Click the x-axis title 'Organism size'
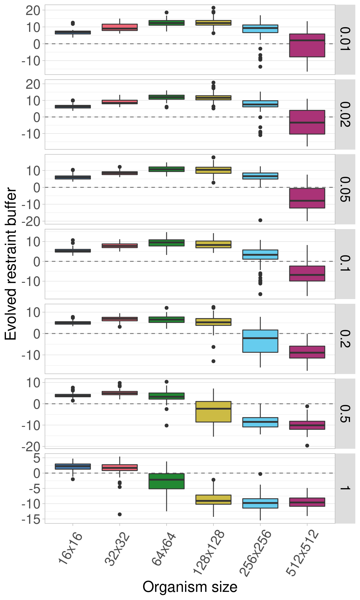pos(190,587)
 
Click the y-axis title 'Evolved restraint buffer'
pos(11,264)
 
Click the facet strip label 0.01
pos(345,39)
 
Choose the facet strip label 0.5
pos(345,413)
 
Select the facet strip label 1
pos(345,488)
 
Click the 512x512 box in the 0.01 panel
pos(307,45)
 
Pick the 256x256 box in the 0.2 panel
pos(260,341)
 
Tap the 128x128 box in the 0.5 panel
pos(213,412)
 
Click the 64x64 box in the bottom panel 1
pos(167,481)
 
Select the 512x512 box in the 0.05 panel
pos(307,198)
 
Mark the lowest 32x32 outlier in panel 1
pos(120,514)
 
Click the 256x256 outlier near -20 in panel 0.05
pos(260,220)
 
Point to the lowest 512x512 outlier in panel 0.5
pos(307,446)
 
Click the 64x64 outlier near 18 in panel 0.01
pos(167,12)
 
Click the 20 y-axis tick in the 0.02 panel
pos(33,84)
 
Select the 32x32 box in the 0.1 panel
pos(120,246)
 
